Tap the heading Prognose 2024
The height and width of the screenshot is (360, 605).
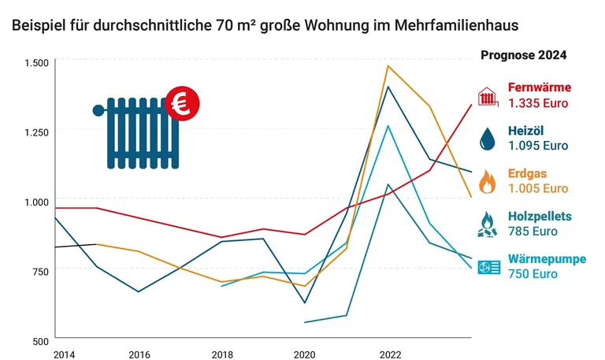tap(523, 56)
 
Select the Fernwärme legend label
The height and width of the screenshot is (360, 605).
tap(540, 87)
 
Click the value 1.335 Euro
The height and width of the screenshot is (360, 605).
tap(538, 102)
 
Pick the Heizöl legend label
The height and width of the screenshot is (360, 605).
tap(527, 130)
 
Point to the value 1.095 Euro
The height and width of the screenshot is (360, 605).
tap(538, 146)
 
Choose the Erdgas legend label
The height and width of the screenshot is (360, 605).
tap(528, 173)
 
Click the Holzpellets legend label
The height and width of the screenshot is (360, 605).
tap(540, 217)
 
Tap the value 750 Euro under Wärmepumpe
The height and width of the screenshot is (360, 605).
tap(533, 274)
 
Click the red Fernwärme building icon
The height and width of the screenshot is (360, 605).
tap(488, 95)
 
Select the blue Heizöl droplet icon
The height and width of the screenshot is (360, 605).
tap(488, 139)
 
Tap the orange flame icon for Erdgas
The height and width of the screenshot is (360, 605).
tap(488, 182)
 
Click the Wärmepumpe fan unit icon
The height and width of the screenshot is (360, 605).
tap(488, 268)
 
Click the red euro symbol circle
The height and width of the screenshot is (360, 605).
tap(183, 102)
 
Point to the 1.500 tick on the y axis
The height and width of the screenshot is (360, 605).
tap(36, 62)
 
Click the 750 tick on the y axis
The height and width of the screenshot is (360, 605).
tap(39, 271)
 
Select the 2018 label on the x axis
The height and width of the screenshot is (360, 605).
tap(223, 354)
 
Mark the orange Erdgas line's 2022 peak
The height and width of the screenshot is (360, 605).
tap(388, 66)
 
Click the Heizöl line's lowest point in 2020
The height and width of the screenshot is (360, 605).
tap(305, 302)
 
